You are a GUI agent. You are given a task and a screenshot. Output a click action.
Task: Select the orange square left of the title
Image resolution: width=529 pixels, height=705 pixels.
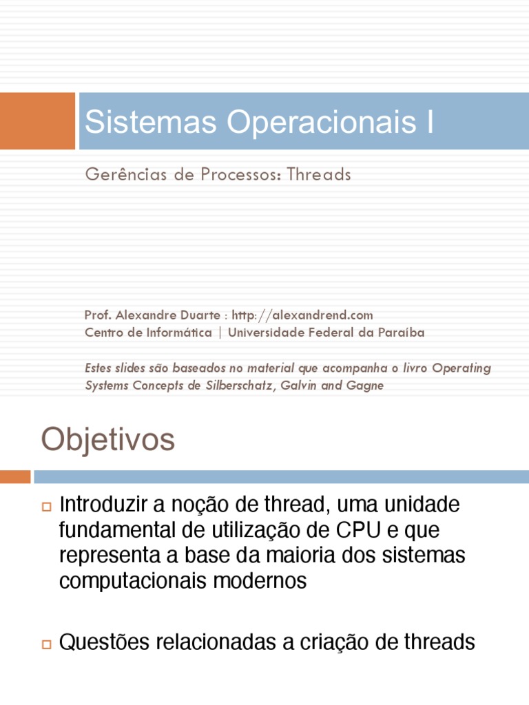(37, 121)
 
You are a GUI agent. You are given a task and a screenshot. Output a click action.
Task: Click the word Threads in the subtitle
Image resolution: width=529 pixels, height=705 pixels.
(319, 175)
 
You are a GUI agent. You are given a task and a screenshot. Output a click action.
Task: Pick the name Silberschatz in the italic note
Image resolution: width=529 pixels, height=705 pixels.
(238, 386)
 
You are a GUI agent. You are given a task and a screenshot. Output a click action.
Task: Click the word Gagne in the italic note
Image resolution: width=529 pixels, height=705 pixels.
(365, 386)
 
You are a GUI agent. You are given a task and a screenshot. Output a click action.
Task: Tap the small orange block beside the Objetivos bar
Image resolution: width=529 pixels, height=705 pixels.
(15, 476)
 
